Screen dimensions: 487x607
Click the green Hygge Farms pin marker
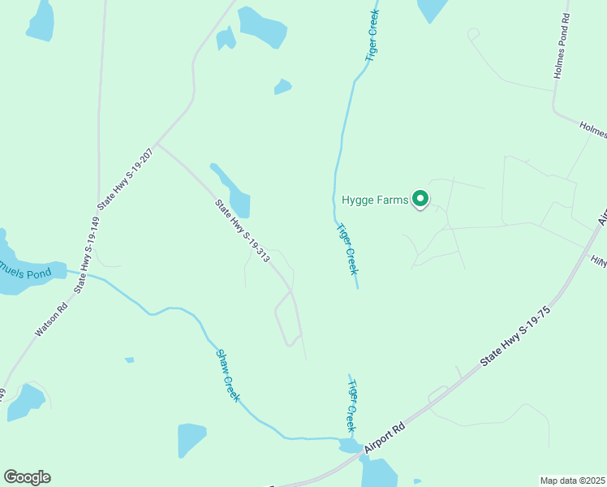point(420,198)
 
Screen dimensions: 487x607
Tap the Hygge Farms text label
point(374,200)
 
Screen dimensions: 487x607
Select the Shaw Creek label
point(228,375)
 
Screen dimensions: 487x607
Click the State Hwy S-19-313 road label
point(242,231)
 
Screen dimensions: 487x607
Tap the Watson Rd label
point(51,319)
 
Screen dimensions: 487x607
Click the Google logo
point(27,477)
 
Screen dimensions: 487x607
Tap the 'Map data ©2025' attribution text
point(573,481)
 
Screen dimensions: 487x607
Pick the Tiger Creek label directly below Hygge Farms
point(347,249)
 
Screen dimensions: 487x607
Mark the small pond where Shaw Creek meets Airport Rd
point(351,446)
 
